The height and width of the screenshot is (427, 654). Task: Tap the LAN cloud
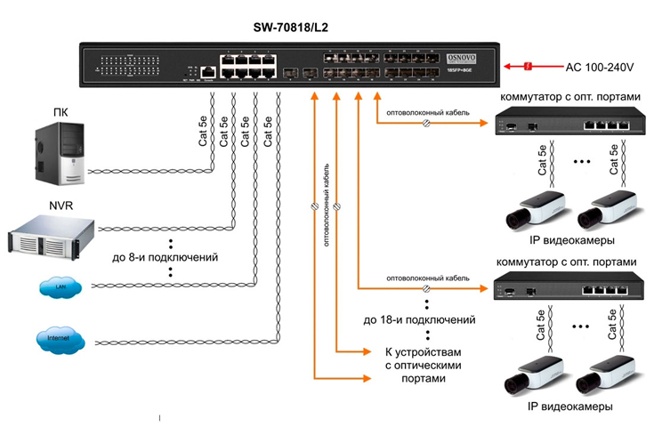(x=61, y=288)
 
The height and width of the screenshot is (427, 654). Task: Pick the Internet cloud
(x=61, y=340)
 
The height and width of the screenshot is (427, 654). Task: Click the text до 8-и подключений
(x=168, y=257)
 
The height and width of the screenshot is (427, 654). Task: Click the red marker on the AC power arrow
(x=528, y=67)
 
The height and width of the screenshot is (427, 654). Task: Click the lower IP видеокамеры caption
(x=570, y=407)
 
